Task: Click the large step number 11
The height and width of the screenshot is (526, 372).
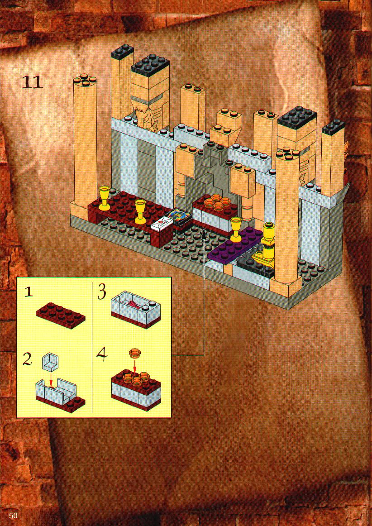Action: click(x=33, y=82)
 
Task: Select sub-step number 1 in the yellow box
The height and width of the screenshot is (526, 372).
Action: click(x=29, y=292)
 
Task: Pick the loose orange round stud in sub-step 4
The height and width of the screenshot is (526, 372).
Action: click(x=135, y=353)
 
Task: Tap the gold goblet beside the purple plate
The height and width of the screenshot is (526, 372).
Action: click(x=236, y=228)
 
